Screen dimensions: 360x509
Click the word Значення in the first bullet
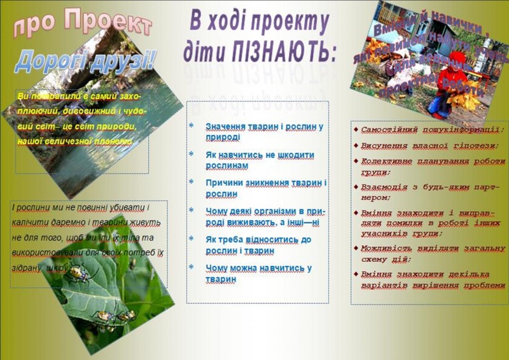(226, 127)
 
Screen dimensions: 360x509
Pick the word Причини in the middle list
(223, 183)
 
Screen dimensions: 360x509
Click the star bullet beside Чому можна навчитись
(191, 268)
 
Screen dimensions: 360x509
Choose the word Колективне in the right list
(389, 162)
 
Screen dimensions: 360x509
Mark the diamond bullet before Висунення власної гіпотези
(356, 146)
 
